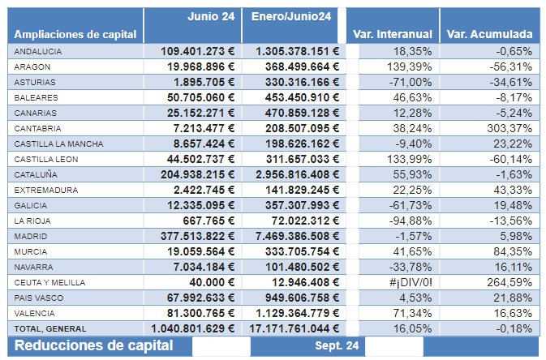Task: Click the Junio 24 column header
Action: (x=211, y=16)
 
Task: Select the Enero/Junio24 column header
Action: (x=291, y=16)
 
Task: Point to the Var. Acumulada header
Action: (x=490, y=34)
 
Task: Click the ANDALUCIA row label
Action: (x=39, y=51)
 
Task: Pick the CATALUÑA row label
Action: (x=37, y=174)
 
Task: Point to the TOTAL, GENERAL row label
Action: (x=49, y=328)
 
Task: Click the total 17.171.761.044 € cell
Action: (x=291, y=328)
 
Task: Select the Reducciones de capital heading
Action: (x=94, y=345)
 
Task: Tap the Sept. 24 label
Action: (x=337, y=346)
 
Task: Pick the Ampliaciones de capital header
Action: (x=75, y=34)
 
